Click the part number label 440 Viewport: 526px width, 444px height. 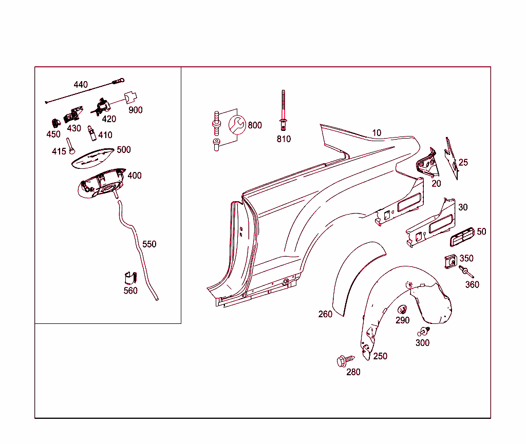pyautogui.click(x=81, y=85)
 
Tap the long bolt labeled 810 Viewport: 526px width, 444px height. pyautogui.click(x=283, y=110)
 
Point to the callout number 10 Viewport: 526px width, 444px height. pyautogui.click(x=377, y=133)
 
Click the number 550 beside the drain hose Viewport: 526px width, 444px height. pyautogui.click(x=149, y=244)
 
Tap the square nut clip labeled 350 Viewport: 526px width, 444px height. pyautogui.click(x=450, y=261)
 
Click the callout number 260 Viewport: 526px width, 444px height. pyautogui.click(x=325, y=314)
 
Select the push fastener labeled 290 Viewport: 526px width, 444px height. pyautogui.click(x=402, y=309)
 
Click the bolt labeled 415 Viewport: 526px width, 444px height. pyautogui.click(x=71, y=146)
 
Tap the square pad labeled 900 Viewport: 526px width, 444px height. pyautogui.click(x=132, y=97)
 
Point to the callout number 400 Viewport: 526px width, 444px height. pyautogui.click(x=134, y=176)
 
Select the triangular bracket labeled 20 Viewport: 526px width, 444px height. pyautogui.click(x=426, y=164)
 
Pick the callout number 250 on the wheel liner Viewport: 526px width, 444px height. pyautogui.click(x=380, y=356)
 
